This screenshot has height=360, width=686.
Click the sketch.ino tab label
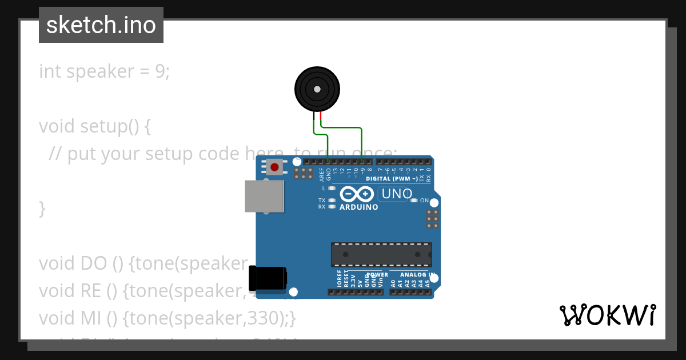(x=101, y=25)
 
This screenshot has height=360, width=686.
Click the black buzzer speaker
(x=317, y=89)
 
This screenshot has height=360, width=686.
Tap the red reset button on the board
(x=274, y=167)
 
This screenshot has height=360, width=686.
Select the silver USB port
(x=264, y=197)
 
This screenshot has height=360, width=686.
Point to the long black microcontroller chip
(x=381, y=254)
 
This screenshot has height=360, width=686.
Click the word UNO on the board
(x=396, y=194)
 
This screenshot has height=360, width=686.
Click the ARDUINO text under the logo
(x=358, y=207)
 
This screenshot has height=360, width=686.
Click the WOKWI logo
(x=607, y=315)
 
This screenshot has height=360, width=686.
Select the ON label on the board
(x=424, y=201)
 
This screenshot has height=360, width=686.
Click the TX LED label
(x=322, y=201)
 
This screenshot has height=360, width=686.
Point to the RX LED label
(x=322, y=207)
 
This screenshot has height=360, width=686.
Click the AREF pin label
(x=321, y=173)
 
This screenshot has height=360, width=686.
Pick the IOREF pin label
(x=339, y=279)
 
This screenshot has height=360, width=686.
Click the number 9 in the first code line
(x=159, y=71)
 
